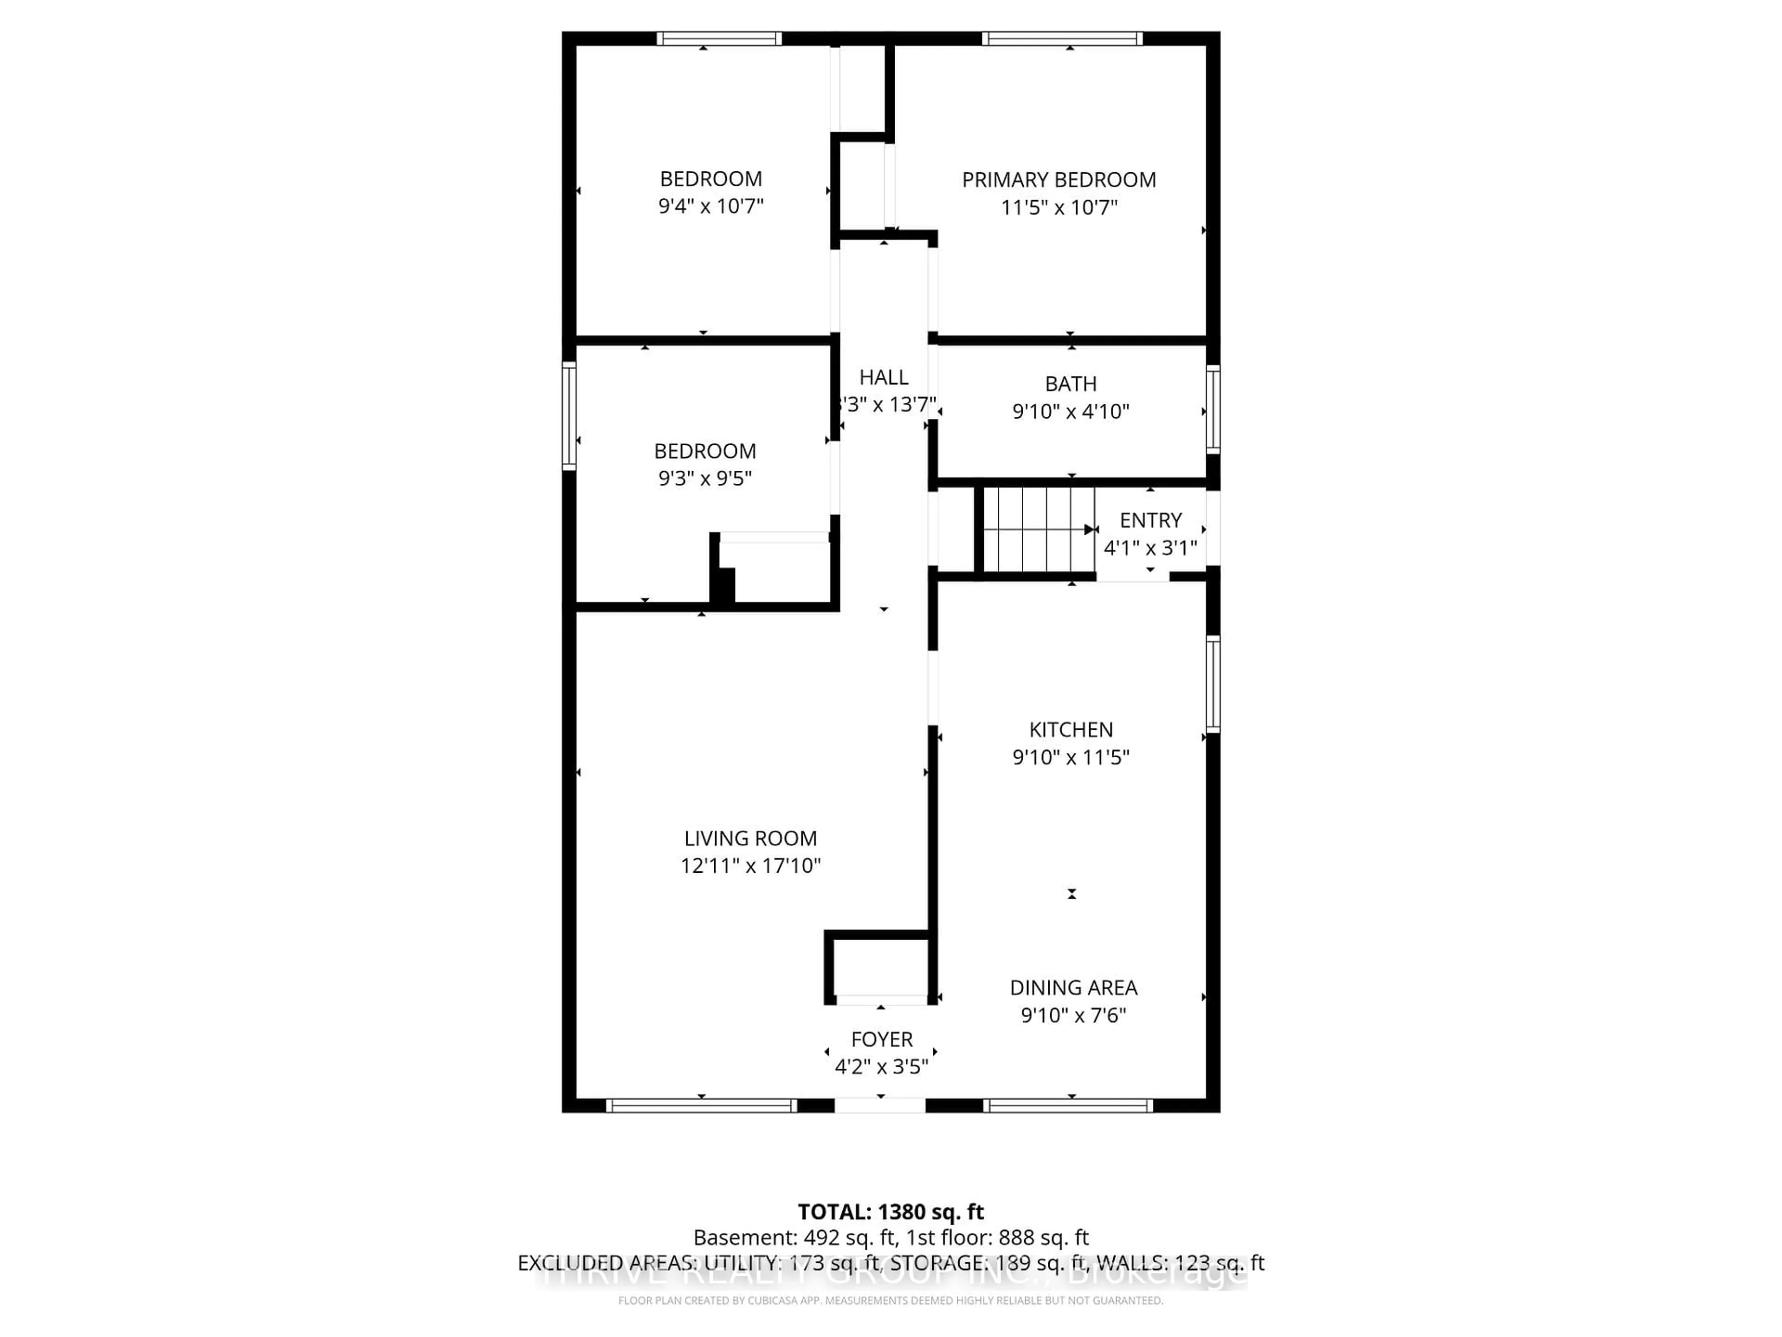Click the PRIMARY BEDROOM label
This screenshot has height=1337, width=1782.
tap(1059, 180)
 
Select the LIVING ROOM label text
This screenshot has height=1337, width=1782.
tap(750, 838)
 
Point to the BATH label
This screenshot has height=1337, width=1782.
tap(1071, 383)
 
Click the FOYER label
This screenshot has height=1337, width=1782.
tap(881, 1039)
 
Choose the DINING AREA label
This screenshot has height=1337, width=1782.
tap(1073, 987)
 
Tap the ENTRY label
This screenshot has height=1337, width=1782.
tap(1150, 520)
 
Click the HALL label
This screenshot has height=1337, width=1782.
tap(883, 377)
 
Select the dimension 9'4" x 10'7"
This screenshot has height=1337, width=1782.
tap(710, 206)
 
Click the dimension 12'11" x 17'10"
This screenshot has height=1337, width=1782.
tap(750, 865)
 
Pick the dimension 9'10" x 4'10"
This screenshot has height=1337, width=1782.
tap(1071, 412)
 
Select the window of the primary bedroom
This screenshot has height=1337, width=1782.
tap(1062, 39)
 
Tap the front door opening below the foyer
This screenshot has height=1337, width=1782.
tap(880, 1106)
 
